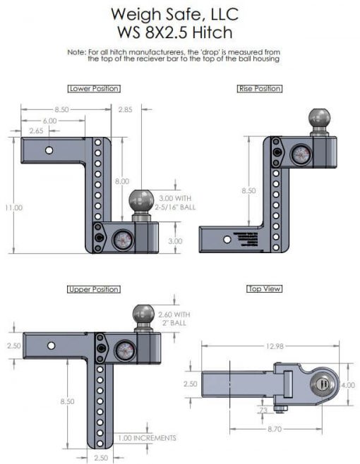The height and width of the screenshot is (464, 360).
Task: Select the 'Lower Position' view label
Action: tap(93, 89)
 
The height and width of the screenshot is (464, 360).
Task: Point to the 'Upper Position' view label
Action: tap(93, 290)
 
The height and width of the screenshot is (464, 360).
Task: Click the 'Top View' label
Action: tap(263, 290)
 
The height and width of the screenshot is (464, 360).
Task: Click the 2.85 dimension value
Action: tap(126, 109)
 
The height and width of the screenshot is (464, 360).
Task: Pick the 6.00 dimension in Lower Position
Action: tap(47, 121)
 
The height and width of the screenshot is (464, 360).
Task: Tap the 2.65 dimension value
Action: tap(36, 131)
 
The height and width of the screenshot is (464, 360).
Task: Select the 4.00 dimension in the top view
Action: tap(348, 385)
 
